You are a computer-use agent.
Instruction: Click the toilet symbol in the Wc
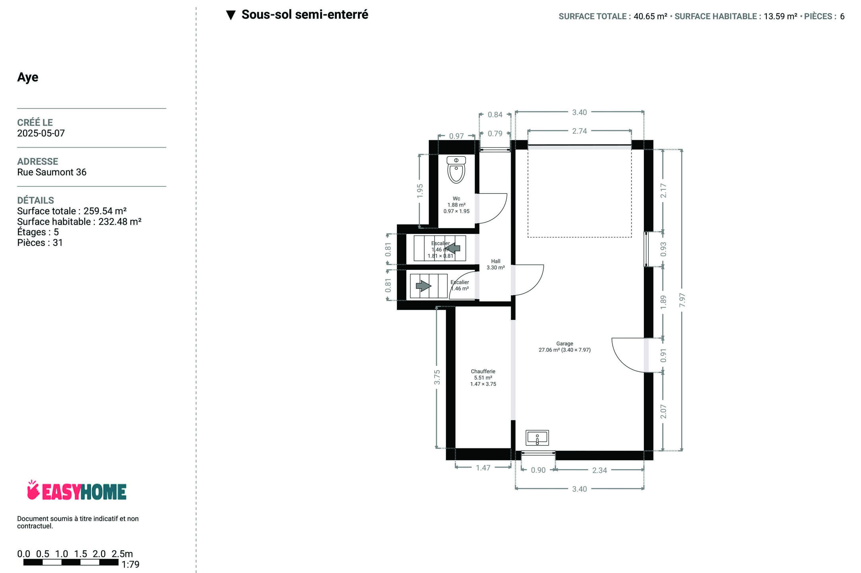(456, 170)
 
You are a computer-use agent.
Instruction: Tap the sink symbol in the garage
(537, 438)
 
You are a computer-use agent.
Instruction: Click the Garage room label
(565, 347)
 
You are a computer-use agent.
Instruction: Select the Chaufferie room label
(483, 378)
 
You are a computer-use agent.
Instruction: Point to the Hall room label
(496, 265)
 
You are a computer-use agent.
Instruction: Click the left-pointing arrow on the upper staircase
(453, 248)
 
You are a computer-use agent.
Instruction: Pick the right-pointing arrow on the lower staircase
(424, 286)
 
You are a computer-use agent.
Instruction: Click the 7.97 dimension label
(682, 300)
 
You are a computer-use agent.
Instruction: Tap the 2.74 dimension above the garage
(579, 131)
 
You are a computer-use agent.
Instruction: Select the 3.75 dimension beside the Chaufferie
(437, 377)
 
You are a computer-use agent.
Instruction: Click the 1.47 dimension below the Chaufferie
(483, 468)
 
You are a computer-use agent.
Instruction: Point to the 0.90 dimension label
(538, 470)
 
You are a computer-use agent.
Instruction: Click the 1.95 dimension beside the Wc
(420, 191)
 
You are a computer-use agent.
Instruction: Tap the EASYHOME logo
(77, 490)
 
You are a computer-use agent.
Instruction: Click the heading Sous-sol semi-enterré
(305, 15)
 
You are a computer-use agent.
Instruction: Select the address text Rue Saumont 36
(52, 172)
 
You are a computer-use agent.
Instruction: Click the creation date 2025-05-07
(41, 133)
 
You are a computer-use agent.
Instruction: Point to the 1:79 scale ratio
(130, 565)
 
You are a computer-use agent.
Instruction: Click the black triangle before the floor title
(231, 16)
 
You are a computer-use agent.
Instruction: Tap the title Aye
(28, 77)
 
